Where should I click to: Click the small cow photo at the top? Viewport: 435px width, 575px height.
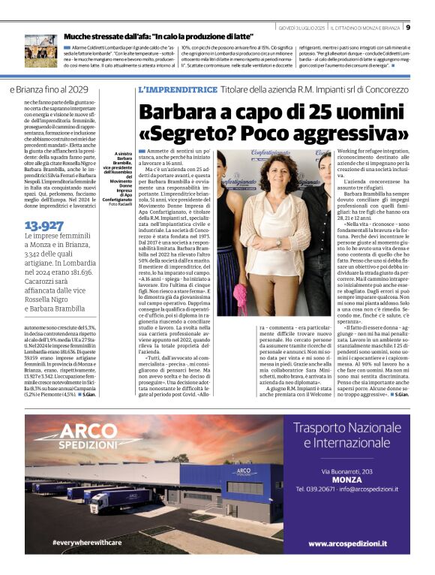[40, 50]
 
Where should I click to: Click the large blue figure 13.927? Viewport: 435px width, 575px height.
[43, 225]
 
